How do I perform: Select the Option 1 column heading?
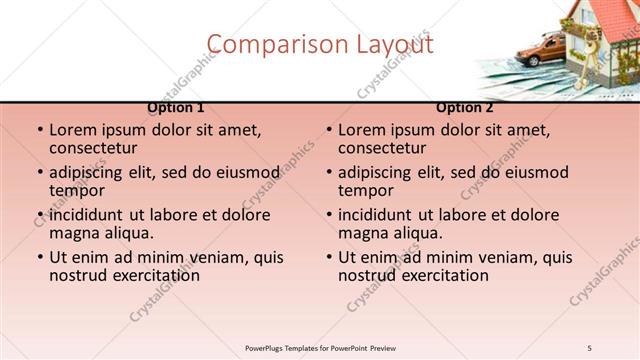click(176, 108)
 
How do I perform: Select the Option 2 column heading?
click(465, 108)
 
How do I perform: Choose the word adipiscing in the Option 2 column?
click(383, 172)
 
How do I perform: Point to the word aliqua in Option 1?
click(129, 233)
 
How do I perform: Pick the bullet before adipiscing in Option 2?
click(329, 173)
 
